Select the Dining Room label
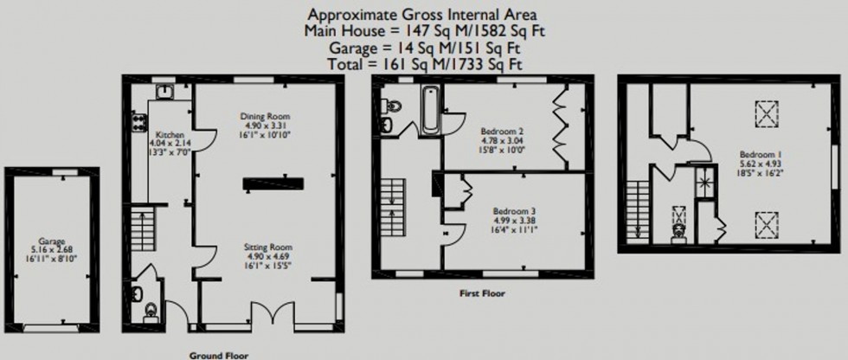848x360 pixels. click(265, 116)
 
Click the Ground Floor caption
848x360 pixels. click(219, 354)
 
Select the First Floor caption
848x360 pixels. click(482, 293)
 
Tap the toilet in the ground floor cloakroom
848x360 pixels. click(151, 308)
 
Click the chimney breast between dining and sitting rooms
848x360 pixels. click(273, 183)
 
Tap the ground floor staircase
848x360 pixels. click(141, 228)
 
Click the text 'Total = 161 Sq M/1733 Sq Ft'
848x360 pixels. click(424, 63)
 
